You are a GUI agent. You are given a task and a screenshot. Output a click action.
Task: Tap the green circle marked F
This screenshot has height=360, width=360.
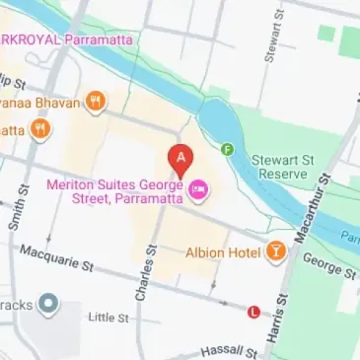pyautogui.click(x=228, y=149)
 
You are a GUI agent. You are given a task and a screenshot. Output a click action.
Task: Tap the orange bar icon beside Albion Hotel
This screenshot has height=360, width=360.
pyautogui.click(x=275, y=252)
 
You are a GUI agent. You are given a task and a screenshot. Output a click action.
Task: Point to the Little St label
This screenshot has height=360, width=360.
pyautogui.click(x=108, y=318)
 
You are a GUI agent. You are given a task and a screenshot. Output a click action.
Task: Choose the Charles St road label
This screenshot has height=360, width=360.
pyautogui.click(x=146, y=275)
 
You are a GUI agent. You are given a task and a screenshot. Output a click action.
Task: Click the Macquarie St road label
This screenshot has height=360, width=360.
pyautogui.click(x=55, y=259)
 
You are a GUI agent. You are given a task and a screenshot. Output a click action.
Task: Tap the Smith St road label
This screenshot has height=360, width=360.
pyautogui.click(x=16, y=206)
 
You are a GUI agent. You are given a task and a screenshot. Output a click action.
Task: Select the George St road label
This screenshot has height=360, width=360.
pyautogui.click(x=323, y=263)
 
